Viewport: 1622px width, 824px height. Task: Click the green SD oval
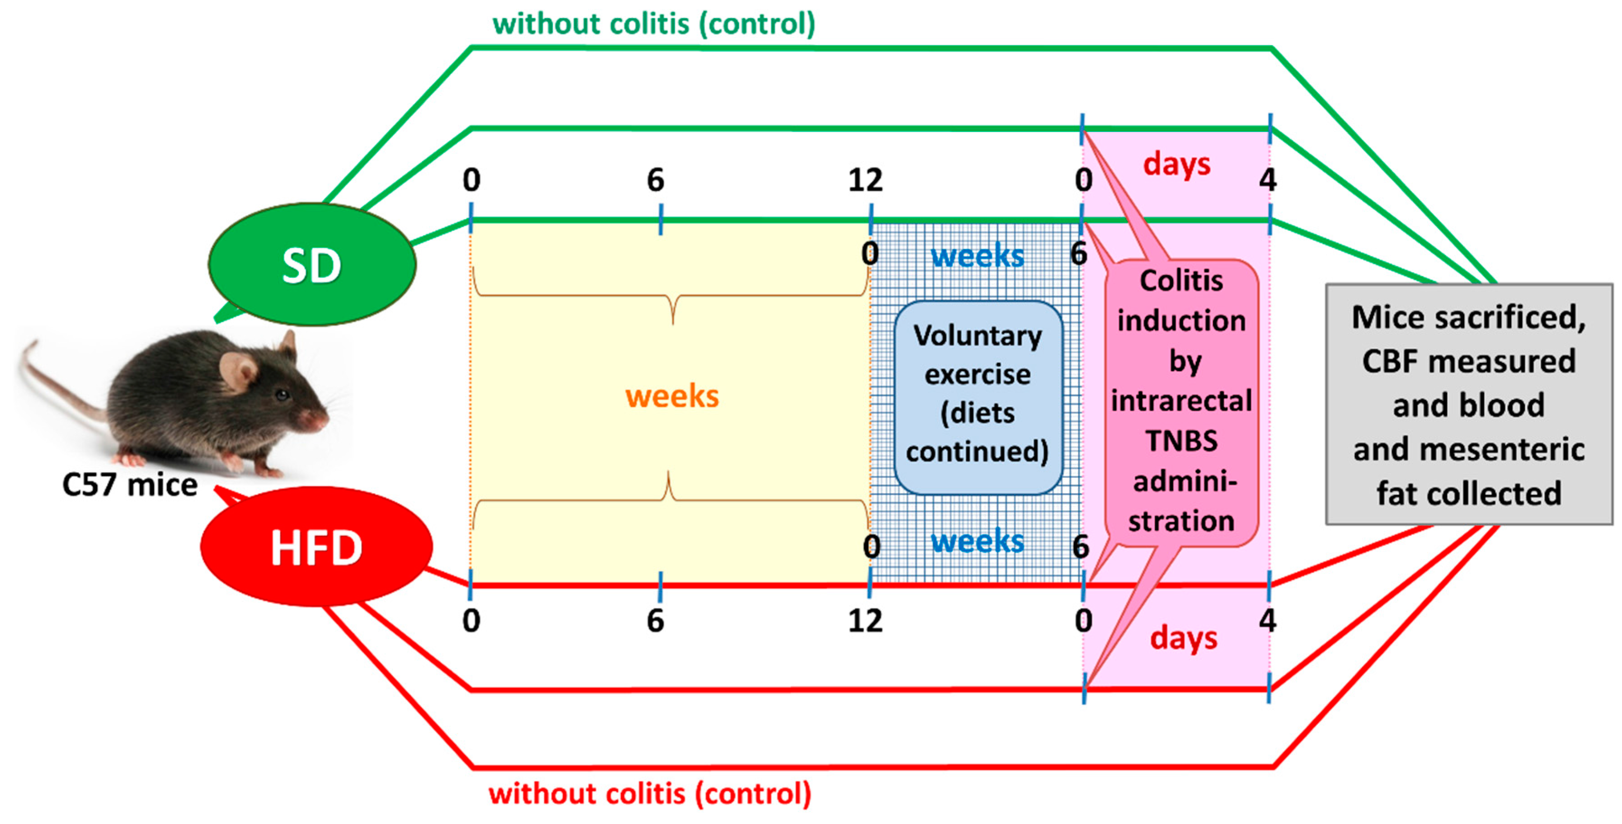click(x=312, y=264)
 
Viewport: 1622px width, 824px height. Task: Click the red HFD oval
click(x=316, y=547)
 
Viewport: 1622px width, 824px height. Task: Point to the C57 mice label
click(x=130, y=485)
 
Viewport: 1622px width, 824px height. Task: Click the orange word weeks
click(x=672, y=396)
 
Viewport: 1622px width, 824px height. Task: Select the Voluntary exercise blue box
click(x=978, y=397)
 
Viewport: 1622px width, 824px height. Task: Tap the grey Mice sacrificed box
click(x=1468, y=405)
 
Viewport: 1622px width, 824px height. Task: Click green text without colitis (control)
click(x=654, y=24)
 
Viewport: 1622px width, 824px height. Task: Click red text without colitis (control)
click(x=650, y=793)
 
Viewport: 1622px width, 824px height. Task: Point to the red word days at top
click(x=1176, y=164)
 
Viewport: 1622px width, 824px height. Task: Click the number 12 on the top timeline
click(x=865, y=180)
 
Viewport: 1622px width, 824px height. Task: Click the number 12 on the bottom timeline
click(x=865, y=621)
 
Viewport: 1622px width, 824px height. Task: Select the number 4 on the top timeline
click(x=1268, y=180)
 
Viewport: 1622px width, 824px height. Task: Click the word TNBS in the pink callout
click(x=1181, y=440)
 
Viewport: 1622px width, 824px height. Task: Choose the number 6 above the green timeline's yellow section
click(x=655, y=180)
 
